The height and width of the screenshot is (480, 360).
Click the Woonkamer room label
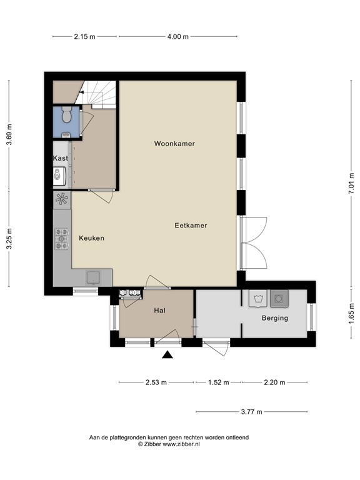tap(174, 144)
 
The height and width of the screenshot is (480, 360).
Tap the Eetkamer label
tap(191, 225)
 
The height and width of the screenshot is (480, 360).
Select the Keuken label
tap(91, 238)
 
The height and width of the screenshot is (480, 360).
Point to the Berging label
tap(274, 318)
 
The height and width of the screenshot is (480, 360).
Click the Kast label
tap(61, 159)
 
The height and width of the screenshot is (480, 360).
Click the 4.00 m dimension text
tap(177, 36)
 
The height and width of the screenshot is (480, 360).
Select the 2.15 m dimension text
tap(84, 36)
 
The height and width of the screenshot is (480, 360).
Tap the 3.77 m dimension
tap(251, 412)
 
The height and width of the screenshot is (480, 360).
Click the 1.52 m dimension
tap(217, 382)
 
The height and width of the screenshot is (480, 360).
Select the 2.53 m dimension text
tap(156, 382)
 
